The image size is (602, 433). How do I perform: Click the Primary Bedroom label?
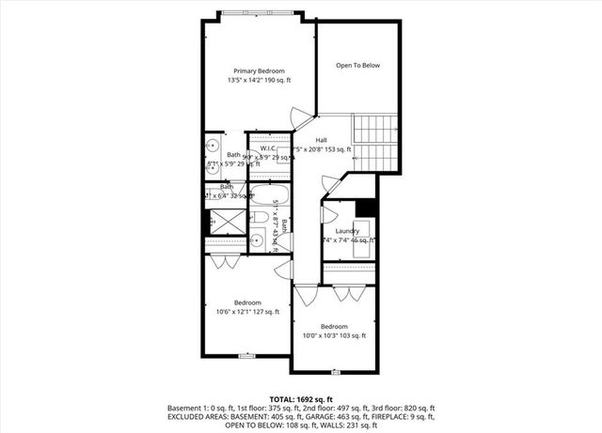point(259,70)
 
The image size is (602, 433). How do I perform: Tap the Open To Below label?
point(357,65)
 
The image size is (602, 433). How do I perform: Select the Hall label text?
point(321,139)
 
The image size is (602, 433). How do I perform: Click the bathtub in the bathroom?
point(264,198)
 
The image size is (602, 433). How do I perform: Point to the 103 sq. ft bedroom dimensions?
point(334,335)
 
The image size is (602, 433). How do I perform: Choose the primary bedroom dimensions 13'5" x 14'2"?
point(259,81)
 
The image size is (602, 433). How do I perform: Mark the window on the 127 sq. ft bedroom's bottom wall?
point(246,357)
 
